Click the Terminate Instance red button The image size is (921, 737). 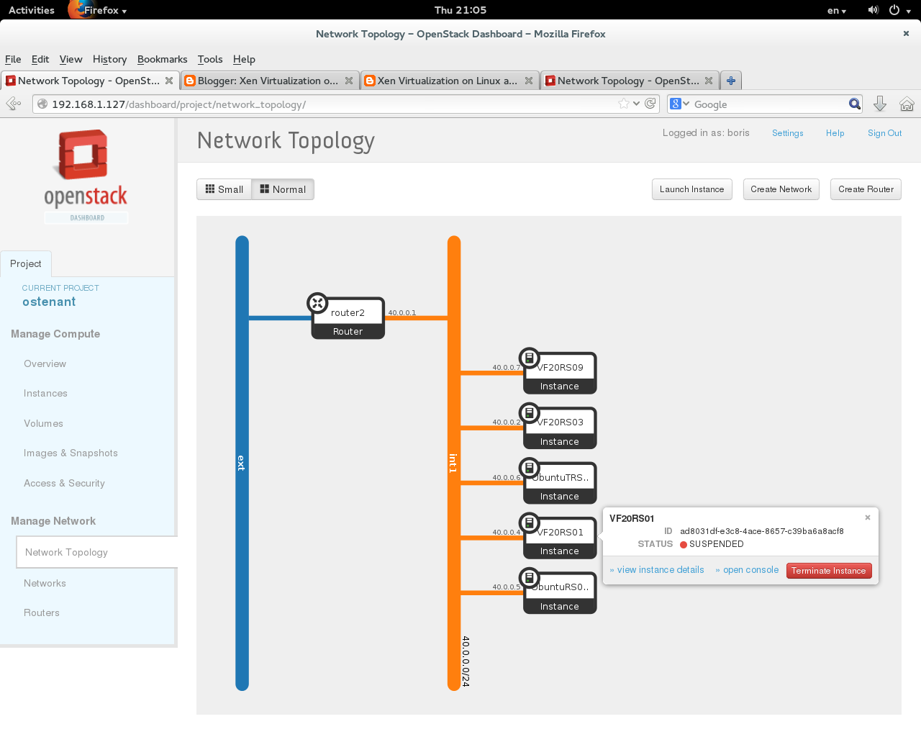828,571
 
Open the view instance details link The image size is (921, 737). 660,570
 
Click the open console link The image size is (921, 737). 750,570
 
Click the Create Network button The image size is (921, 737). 781,189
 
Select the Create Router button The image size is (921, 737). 865,189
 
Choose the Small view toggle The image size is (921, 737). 224,189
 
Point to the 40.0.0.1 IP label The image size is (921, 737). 401,313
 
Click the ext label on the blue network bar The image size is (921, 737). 242,463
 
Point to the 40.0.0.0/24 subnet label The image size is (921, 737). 466,661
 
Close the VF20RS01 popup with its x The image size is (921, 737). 867,517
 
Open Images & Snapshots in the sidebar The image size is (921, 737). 71,453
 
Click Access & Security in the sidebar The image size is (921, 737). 64,484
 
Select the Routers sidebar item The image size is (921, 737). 42,613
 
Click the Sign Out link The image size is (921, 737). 884,133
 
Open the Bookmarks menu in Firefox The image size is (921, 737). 162,59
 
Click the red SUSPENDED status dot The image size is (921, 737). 684,545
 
